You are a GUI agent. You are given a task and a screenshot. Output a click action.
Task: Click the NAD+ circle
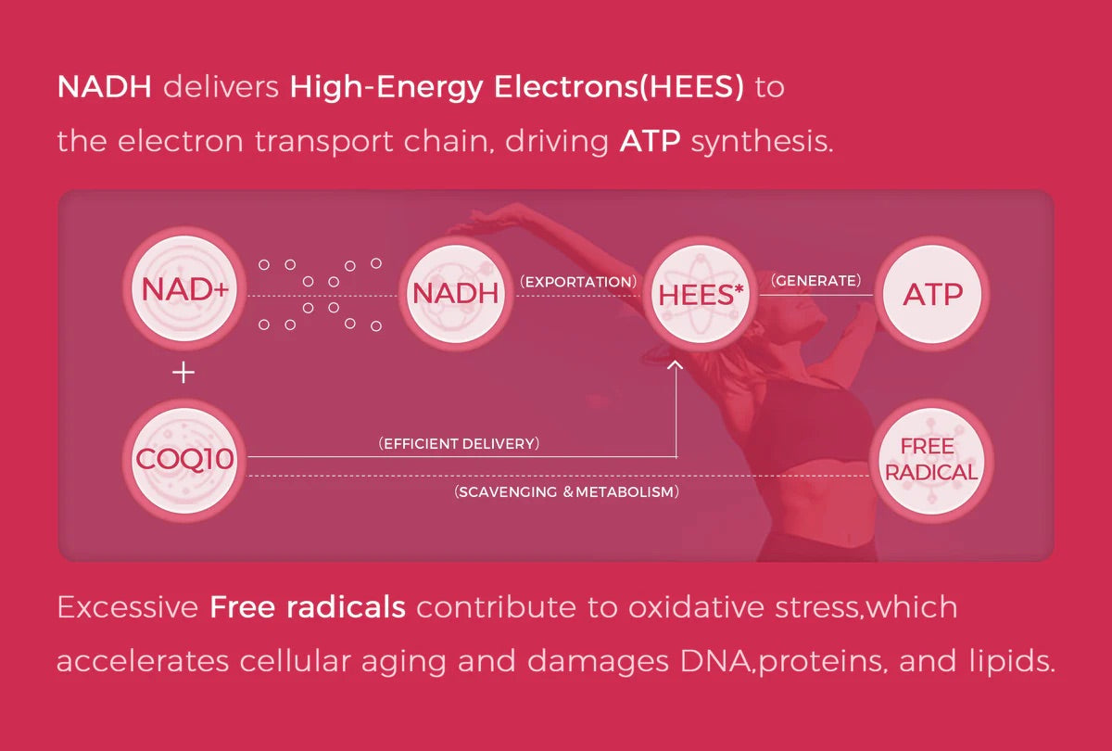click(x=184, y=288)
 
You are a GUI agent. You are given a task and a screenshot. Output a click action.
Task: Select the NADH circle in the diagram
click(x=456, y=293)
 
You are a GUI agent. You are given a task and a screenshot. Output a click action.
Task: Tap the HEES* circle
click(x=700, y=295)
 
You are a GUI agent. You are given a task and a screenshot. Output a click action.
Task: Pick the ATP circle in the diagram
click(x=932, y=294)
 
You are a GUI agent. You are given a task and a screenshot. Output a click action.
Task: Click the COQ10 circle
click(x=184, y=460)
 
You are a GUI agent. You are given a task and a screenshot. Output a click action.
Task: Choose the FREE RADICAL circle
click(x=931, y=461)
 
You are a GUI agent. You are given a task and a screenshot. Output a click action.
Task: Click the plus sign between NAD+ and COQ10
click(x=183, y=373)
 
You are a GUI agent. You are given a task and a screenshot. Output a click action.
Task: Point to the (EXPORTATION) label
click(x=578, y=282)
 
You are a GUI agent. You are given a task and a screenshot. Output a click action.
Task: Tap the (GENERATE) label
click(x=816, y=281)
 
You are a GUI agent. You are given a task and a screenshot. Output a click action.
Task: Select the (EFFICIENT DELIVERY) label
click(x=459, y=443)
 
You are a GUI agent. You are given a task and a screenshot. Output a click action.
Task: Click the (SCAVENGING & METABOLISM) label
click(x=566, y=491)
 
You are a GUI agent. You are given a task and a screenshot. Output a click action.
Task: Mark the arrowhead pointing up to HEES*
click(x=676, y=365)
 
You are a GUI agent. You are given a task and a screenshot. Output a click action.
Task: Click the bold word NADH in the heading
click(x=104, y=86)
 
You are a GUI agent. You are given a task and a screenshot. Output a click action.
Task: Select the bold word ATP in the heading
click(x=650, y=141)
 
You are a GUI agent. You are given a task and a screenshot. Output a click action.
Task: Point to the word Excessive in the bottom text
click(x=128, y=607)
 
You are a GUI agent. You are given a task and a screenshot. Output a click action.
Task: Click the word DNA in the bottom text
click(x=714, y=661)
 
